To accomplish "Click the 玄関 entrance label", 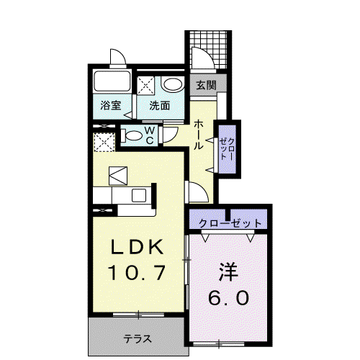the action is [206, 85].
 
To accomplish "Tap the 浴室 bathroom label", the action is [111, 106].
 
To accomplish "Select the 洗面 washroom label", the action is [160, 106].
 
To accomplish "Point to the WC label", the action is [150, 135].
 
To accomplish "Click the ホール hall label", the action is [199, 135].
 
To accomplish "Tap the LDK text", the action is [137, 247].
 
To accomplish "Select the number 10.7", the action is [137, 272].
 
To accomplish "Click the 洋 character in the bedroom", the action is [228, 272].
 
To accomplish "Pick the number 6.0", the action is [228, 297].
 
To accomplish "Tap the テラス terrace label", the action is [138, 339].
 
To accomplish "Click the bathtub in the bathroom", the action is [112, 81].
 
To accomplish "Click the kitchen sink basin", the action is [139, 195].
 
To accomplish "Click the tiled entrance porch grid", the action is [208, 50].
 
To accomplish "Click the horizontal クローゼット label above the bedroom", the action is [230, 224].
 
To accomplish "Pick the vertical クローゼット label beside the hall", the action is [227, 149].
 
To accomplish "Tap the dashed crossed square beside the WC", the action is [104, 143].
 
